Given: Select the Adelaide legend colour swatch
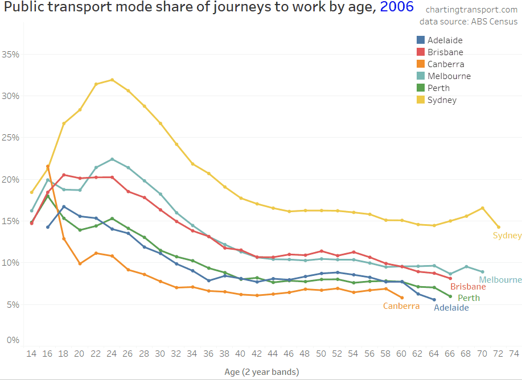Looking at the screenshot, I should click(x=421, y=40).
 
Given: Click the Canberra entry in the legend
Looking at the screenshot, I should click(x=446, y=64).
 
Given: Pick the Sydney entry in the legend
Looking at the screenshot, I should click(x=442, y=100).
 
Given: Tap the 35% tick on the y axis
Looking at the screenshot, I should click(x=11, y=55).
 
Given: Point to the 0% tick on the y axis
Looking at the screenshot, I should click(x=13, y=340).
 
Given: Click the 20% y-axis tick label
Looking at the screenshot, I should click(x=11, y=180).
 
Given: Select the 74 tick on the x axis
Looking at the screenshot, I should click(x=514, y=353).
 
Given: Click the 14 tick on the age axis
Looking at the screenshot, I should click(x=32, y=353).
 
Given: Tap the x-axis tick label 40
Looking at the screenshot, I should click(x=240, y=353).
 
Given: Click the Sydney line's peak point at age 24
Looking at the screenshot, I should click(x=112, y=80).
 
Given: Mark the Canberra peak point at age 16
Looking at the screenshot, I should click(x=48, y=167).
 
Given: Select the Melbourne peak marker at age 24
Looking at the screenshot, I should click(x=112, y=159).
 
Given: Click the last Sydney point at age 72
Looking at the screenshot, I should click(x=498, y=227).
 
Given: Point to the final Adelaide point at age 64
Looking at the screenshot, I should click(x=434, y=300).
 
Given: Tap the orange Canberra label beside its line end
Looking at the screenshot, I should click(x=401, y=306).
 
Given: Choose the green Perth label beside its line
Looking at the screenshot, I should click(x=468, y=298).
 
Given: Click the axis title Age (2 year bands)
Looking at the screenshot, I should click(x=262, y=371).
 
